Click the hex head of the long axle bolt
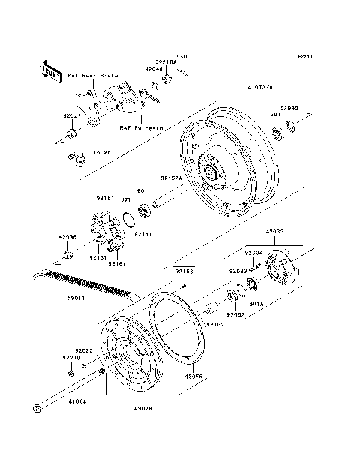(x=37, y=408)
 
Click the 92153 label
(x=184, y=271)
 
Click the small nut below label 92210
(x=71, y=373)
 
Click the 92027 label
(x=71, y=117)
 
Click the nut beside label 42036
(x=68, y=256)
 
